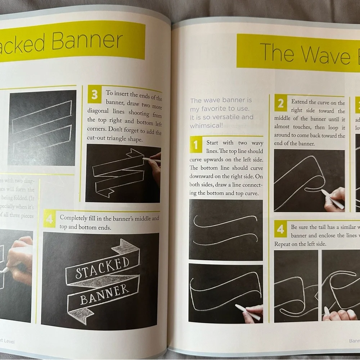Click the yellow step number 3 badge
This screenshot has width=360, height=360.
coord(94,95)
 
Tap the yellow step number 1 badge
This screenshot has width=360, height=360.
coord(195,145)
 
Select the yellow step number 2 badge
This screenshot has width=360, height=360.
coord(280,104)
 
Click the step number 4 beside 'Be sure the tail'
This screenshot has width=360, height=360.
coord(280,229)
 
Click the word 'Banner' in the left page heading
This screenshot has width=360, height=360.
coord(87,41)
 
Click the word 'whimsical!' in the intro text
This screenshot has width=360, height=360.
coord(206,126)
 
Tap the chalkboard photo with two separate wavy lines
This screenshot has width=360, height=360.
coord(226,229)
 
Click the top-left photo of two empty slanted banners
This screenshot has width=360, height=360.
coord(42,127)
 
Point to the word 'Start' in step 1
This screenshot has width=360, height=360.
coord(212,143)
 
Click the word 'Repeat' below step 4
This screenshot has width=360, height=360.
coord(284,244)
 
